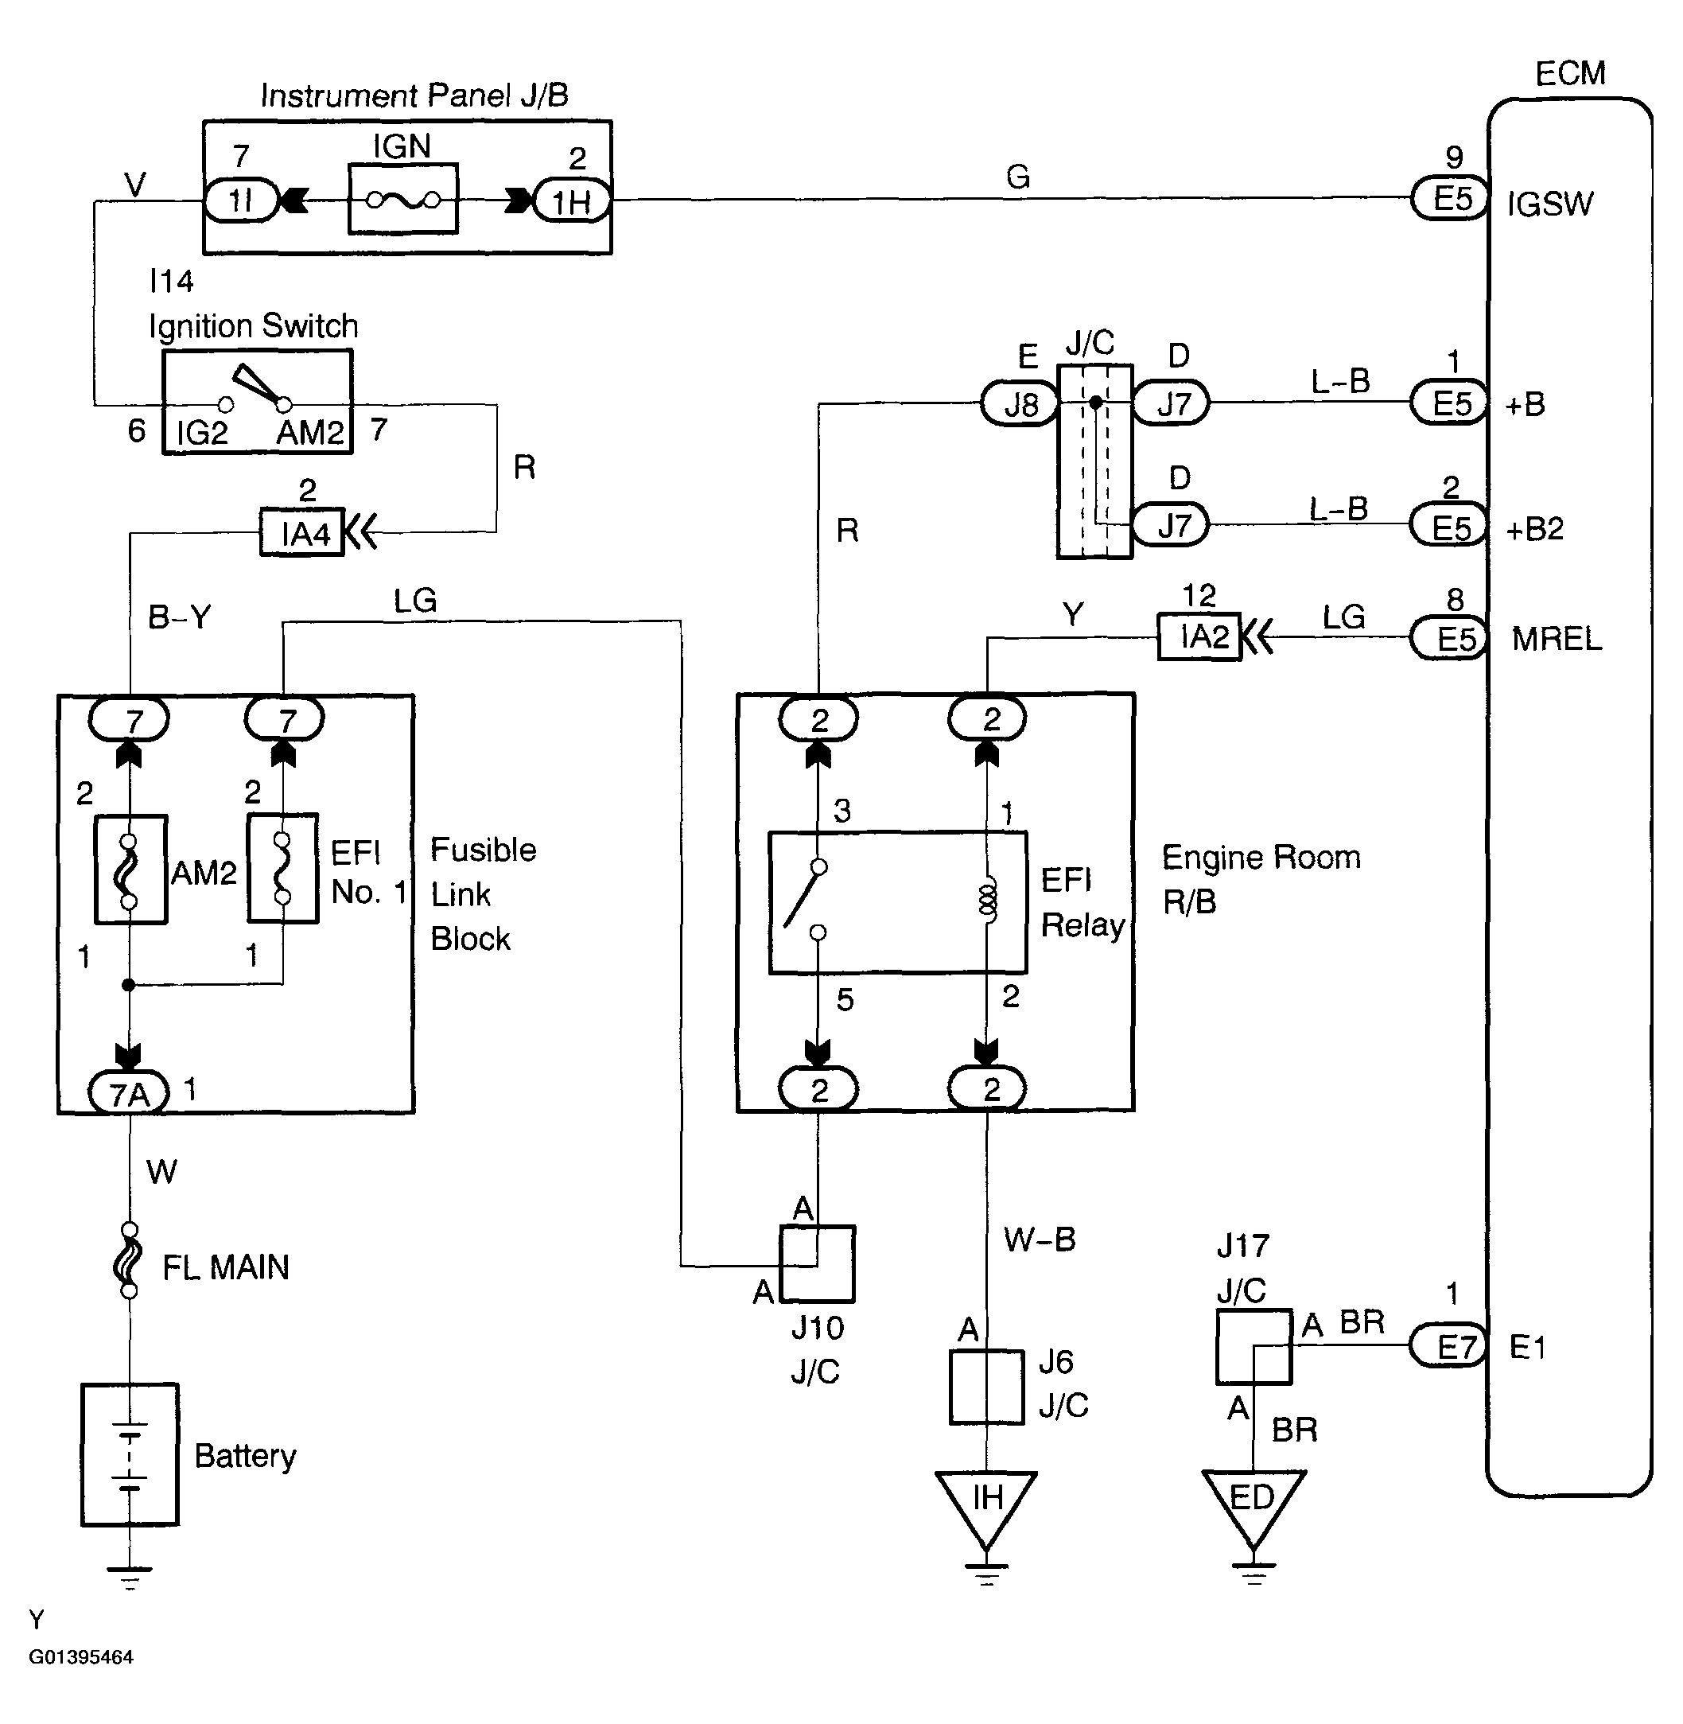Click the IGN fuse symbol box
(x=403, y=199)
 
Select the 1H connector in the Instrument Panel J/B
(x=572, y=200)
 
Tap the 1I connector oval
(x=241, y=200)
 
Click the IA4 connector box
(x=301, y=532)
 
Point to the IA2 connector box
(x=1199, y=636)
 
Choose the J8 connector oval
(x=1020, y=404)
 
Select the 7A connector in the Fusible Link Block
(x=129, y=1093)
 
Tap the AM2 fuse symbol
(x=130, y=869)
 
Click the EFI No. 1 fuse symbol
(x=283, y=869)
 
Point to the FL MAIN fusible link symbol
(x=129, y=1260)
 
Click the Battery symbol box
(x=130, y=1454)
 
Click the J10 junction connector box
(x=817, y=1263)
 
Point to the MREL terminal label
(x=1557, y=638)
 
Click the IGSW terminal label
(x=1549, y=204)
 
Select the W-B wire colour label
(x=1040, y=1239)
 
